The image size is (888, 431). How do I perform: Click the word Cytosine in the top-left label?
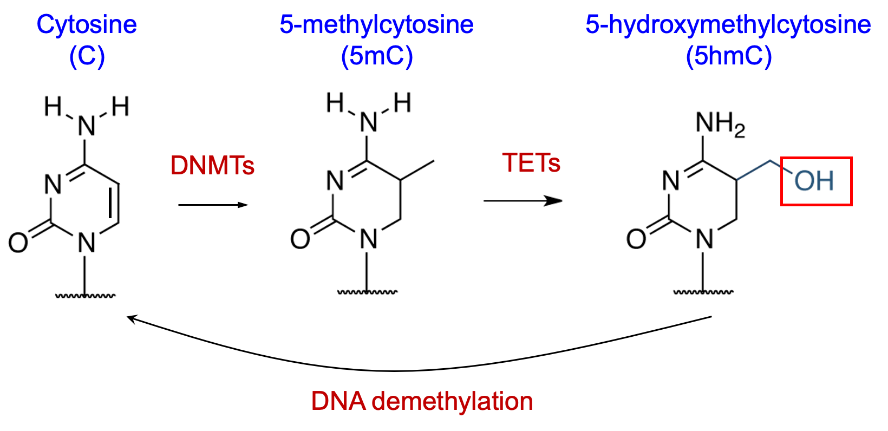click(x=87, y=25)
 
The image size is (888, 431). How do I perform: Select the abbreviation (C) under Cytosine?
click(x=87, y=56)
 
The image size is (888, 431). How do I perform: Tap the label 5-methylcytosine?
click(x=376, y=25)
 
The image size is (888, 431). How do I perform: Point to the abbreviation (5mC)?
click(x=377, y=56)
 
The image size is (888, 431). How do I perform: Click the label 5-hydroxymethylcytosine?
click(x=728, y=25)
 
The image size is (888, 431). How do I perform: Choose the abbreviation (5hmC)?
click(x=729, y=56)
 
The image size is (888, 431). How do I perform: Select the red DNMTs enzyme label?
click(x=212, y=166)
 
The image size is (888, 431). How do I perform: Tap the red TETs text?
click(x=531, y=163)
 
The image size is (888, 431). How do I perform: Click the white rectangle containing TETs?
click(x=531, y=125)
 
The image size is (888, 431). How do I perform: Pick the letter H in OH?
click(x=825, y=181)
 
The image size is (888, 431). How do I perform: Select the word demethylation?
click(x=452, y=402)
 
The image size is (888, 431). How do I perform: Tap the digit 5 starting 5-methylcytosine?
click(x=286, y=25)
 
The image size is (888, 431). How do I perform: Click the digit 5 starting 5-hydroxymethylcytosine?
click(x=592, y=25)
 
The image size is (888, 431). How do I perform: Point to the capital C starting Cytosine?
click(x=44, y=25)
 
